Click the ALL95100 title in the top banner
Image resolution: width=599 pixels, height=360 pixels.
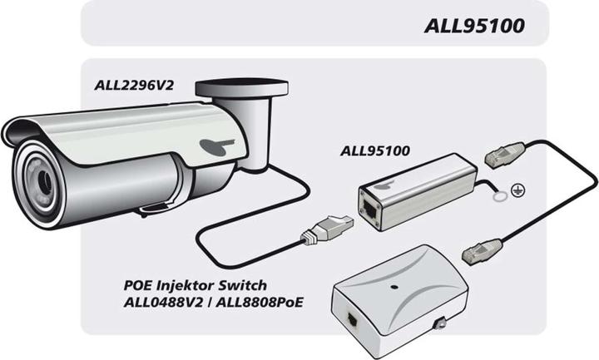[x=474, y=27]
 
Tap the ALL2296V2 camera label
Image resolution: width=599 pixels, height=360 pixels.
[x=134, y=85]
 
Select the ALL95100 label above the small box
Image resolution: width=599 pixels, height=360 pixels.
[x=374, y=150]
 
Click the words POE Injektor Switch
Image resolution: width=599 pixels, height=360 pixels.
[x=196, y=285]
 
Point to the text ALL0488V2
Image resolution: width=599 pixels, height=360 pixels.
[x=163, y=303]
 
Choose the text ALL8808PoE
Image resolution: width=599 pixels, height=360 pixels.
[x=260, y=303]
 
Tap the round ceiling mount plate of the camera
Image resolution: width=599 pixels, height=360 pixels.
[x=241, y=88]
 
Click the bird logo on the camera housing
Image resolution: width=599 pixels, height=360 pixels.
[x=216, y=145]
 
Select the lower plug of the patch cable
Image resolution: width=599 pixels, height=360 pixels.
[x=482, y=251]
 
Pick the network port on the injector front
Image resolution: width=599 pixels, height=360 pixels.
[x=351, y=320]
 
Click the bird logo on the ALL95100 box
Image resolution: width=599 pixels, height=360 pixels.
[x=381, y=185]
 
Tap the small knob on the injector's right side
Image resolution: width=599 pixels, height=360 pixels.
[x=440, y=323]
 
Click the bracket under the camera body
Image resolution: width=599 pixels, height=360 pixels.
[x=155, y=209]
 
